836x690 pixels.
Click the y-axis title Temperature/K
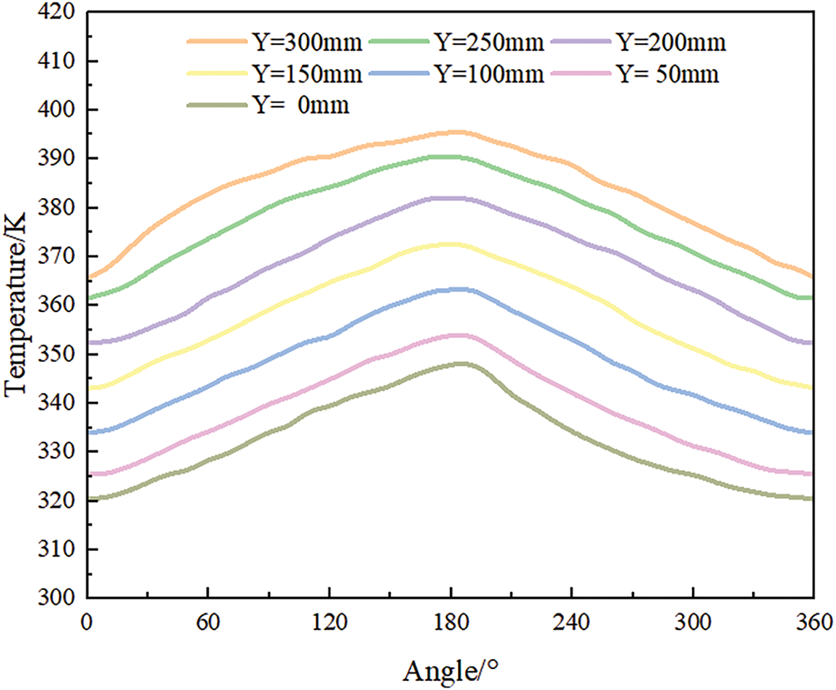tap(18, 305)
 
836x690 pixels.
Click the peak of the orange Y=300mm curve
tap(456, 132)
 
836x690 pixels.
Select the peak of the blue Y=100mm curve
tap(456, 289)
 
